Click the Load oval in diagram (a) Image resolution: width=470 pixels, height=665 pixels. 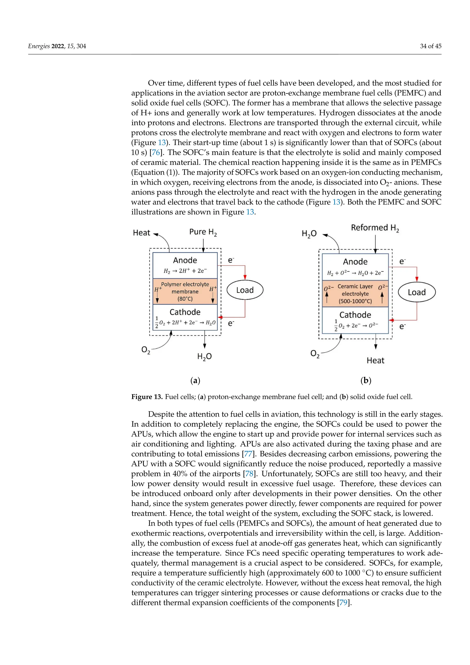click(245, 290)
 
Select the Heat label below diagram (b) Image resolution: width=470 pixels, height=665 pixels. click(375, 361)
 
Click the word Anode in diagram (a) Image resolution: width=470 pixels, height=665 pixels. click(185, 260)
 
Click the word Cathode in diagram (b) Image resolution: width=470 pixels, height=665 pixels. click(355, 315)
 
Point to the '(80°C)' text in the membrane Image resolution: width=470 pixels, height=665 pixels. click(185, 299)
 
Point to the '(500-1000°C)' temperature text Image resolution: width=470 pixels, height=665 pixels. click(355, 301)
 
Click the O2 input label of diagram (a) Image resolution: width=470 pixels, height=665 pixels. click(145, 350)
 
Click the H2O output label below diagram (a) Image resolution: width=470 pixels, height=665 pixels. click(204, 357)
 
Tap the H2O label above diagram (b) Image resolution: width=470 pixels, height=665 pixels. click(309, 234)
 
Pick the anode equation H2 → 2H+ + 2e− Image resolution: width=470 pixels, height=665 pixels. click(185, 271)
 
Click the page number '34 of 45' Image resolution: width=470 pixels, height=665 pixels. click(430, 46)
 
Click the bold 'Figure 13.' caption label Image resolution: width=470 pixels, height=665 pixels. click(147, 397)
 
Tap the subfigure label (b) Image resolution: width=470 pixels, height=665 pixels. click(366, 380)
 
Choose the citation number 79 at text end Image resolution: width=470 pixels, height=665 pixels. click(343, 603)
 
